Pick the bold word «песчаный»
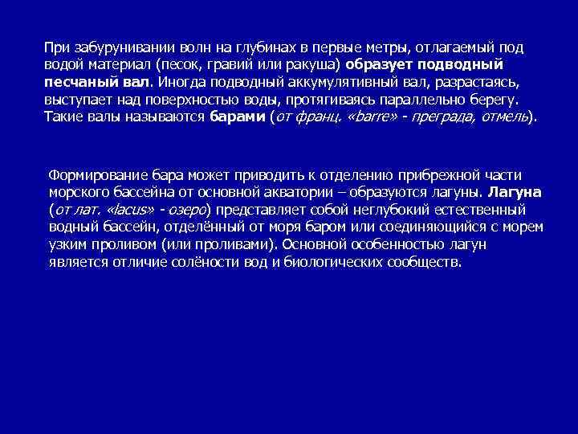pos(79,82)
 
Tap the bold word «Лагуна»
pos(515,192)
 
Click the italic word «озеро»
pos(186,210)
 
